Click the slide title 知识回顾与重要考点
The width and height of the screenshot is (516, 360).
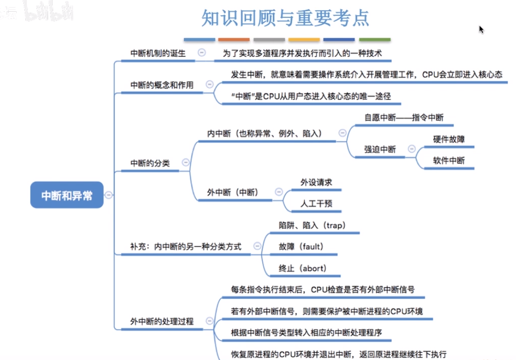pyautogui.click(x=285, y=18)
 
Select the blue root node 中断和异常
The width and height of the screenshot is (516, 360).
pyautogui.click(x=67, y=195)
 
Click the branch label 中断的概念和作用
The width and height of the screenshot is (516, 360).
pyautogui.click(x=161, y=85)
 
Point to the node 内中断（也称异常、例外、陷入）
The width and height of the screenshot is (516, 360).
pyautogui.click(x=264, y=133)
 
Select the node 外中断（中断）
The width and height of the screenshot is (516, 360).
pyautogui.click(x=233, y=192)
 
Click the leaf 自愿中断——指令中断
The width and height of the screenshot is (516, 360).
pyautogui.click(x=403, y=118)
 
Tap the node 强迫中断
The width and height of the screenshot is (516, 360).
pyautogui.click(x=380, y=149)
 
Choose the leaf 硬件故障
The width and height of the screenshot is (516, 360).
pyautogui.click(x=448, y=139)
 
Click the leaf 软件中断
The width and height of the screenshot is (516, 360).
pyautogui.click(x=448, y=161)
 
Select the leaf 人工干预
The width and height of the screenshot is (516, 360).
pyautogui.click(x=316, y=204)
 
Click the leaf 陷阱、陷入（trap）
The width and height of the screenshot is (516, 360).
pyautogui.click(x=312, y=226)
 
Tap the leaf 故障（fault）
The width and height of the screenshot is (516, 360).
pyautogui.click(x=301, y=247)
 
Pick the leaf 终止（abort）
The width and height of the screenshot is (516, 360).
pyautogui.click(x=302, y=268)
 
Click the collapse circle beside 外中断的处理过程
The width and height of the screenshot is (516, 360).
pyautogui.click(x=209, y=321)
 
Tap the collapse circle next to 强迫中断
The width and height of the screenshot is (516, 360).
pyautogui.click(x=411, y=149)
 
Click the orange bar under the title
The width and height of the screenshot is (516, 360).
pyautogui.click(x=234, y=40)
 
